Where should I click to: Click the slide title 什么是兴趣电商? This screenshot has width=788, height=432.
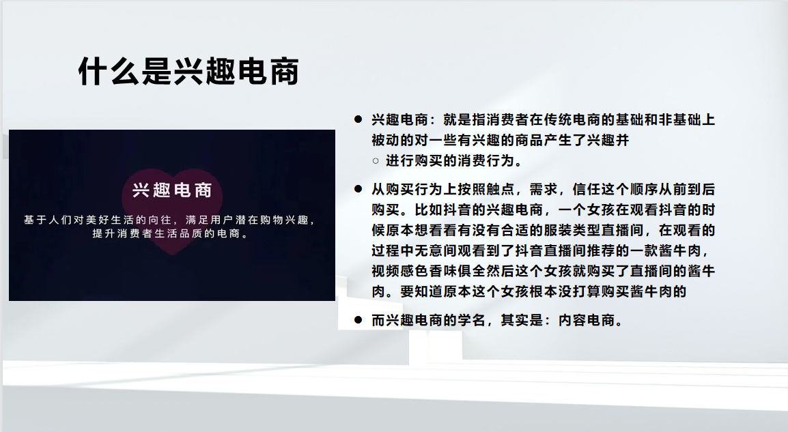(188, 71)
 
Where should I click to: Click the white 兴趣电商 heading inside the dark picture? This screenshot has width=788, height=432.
(172, 190)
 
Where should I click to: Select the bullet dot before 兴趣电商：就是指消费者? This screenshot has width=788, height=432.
(358, 119)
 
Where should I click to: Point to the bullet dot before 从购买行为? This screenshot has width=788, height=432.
(358, 189)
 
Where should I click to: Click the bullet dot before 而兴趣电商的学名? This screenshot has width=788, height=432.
(358, 320)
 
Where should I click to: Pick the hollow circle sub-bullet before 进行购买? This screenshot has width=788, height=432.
(376, 161)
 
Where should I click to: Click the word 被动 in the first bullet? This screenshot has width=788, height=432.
(386, 140)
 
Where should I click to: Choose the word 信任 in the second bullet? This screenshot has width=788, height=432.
(587, 189)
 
